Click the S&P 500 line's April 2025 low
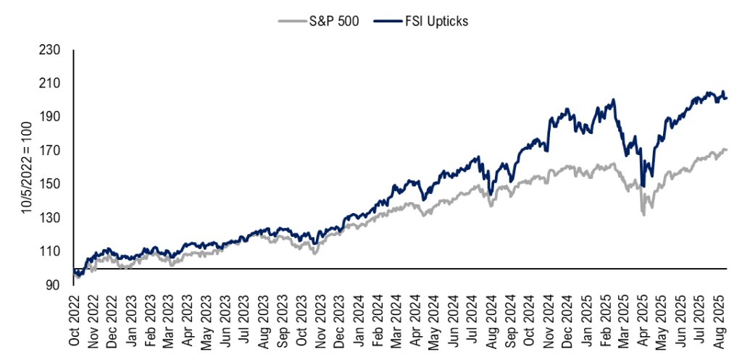(642, 214)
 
